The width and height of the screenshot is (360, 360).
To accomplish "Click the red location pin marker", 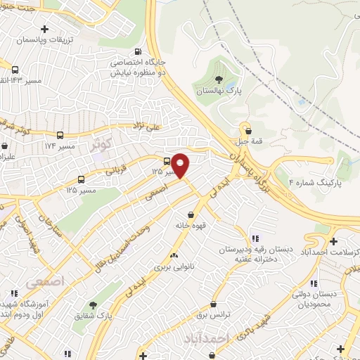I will (181, 165).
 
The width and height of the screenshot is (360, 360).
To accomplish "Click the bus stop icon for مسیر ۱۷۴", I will (60, 134).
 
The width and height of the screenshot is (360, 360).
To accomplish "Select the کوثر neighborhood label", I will (101, 144).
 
